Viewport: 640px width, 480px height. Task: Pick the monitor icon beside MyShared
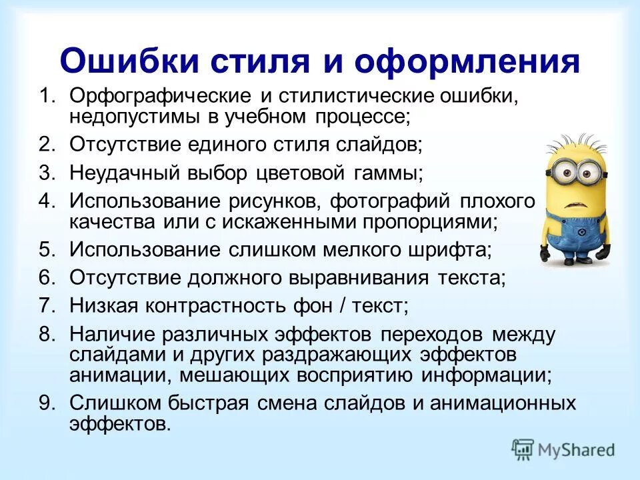[523, 449]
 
